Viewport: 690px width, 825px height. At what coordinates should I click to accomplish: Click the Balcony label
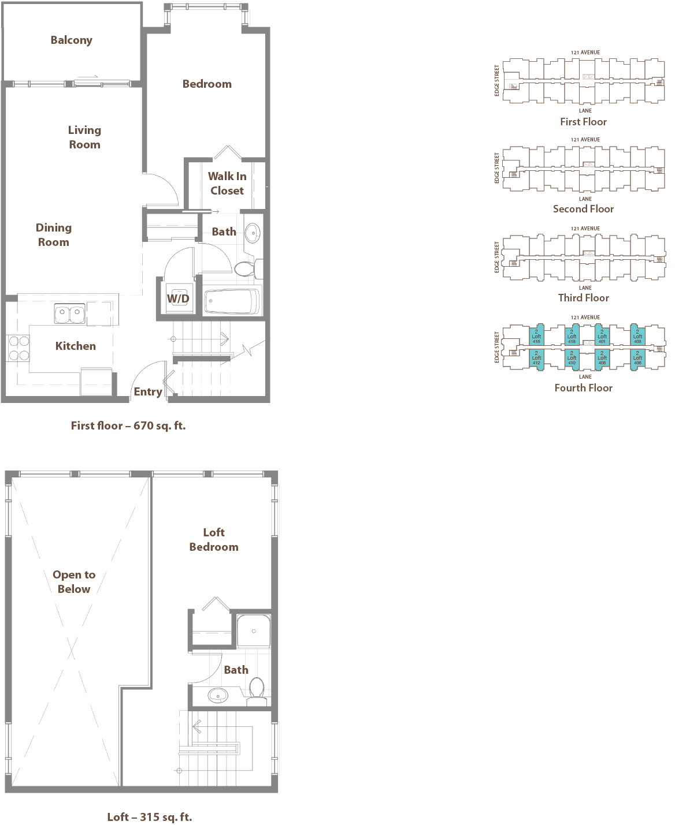coord(71,40)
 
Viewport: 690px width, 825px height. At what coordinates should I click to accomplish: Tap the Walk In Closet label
coord(227,183)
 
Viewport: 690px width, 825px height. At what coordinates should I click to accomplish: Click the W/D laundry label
coord(178,298)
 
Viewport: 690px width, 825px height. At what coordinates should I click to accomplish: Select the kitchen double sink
coord(69,313)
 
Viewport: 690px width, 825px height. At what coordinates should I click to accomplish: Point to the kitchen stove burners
coord(18,348)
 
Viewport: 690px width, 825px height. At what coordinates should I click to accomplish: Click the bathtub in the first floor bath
coord(232,301)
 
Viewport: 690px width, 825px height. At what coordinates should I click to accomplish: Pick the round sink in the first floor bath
coord(253,233)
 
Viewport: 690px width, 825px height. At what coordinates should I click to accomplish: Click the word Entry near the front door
coord(148,391)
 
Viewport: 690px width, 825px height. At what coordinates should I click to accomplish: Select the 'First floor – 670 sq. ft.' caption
coord(128,425)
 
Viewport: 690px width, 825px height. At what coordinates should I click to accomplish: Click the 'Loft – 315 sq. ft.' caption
coord(149,817)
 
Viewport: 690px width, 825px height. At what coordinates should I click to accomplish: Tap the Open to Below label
coord(74,581)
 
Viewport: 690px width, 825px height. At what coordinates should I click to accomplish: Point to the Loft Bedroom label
coord(214,539)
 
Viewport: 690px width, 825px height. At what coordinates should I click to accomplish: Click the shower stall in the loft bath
coord(254,630)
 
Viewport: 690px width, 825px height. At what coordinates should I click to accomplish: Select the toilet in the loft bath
coord(257,688)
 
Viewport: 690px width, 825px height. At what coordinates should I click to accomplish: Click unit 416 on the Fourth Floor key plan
coord(536,337)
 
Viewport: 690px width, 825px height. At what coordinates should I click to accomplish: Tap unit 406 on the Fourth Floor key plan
coord(637,358)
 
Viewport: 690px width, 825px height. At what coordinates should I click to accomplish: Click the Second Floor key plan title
coord(583,209)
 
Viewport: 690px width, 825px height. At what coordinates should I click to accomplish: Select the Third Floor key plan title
coord(583,298)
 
